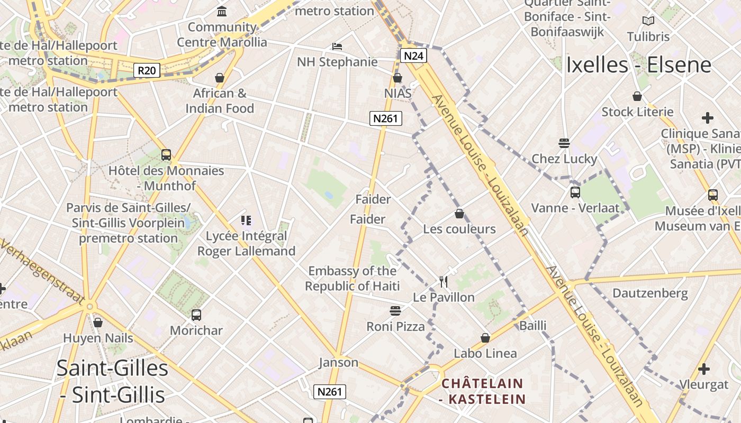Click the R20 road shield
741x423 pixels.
[147, 70]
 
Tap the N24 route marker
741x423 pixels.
[413, 56]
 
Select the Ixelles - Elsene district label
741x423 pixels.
[638, 65]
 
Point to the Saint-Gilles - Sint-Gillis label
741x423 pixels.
[112, 381]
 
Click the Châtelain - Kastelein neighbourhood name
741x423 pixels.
[482, 391]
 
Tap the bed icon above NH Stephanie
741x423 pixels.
[337, 47]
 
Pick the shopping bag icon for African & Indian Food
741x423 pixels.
[220, 78]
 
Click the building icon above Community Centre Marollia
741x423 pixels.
[222, 11]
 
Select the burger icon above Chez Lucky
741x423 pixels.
[564, 143]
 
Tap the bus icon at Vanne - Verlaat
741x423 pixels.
[575, 192]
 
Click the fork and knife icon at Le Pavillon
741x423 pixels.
[444, 282]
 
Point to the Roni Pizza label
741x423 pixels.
[396, 326]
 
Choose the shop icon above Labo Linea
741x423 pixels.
[485, 338]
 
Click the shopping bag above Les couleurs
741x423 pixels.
[459, 214]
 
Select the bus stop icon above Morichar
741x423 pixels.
[196, 315]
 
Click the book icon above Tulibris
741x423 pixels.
[648, 21]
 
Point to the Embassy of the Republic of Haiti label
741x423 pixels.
[352, 279]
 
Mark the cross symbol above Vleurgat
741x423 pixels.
[703, 369]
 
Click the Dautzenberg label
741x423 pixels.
[650, 293]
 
